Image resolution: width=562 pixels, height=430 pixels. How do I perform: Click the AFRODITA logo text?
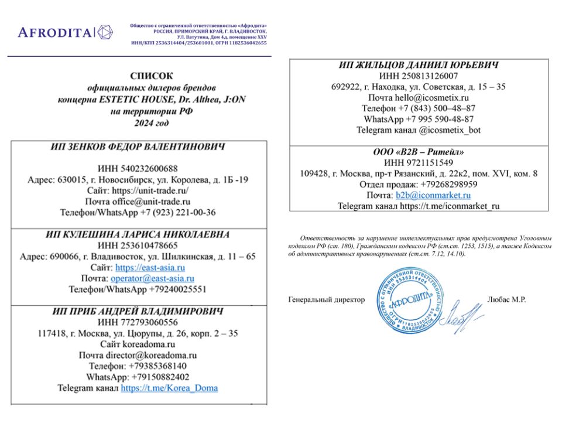55,32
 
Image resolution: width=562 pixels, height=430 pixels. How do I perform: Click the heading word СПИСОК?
152,76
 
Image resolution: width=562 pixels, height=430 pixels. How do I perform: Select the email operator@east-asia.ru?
152,278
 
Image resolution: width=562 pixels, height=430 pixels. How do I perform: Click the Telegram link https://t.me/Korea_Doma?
169,388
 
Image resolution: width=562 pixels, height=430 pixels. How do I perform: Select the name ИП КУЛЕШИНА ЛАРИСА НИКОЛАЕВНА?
138,234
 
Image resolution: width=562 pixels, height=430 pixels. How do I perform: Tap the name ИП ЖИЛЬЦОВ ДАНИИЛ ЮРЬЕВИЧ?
419,64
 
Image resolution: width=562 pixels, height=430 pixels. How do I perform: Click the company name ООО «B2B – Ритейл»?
419,151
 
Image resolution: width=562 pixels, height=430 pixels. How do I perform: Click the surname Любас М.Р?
506,299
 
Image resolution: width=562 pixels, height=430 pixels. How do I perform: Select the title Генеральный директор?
327,299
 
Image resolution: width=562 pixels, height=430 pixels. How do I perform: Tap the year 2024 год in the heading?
152,122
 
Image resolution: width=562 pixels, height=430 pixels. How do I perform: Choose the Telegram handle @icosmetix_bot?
451,130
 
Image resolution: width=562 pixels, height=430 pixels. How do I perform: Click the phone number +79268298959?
450,184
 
